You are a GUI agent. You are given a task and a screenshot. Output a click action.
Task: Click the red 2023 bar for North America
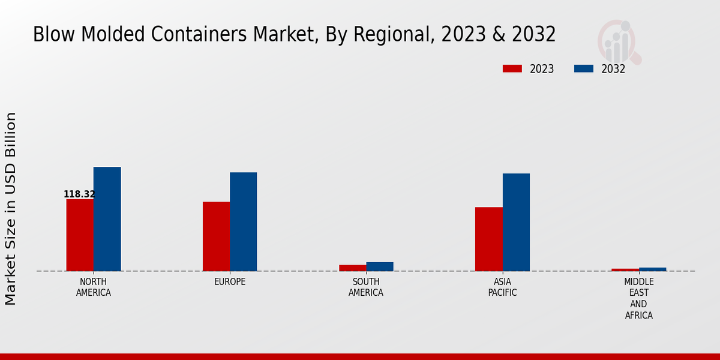[80, 235]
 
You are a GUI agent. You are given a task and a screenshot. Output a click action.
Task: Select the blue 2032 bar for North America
[107, 219]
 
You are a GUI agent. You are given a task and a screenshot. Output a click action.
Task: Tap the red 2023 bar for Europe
[216, 236]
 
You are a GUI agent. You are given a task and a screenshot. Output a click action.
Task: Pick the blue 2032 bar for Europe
[243, 221]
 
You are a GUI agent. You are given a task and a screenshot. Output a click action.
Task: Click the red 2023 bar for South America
[352, 268]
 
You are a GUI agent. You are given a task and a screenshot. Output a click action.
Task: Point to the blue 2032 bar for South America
[380, 266]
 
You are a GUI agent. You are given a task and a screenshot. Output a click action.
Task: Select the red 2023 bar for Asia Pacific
[488, 239]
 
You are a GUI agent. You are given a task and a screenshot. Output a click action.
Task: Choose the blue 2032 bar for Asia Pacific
[516, 222]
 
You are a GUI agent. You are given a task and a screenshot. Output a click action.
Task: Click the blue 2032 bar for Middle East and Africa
[652, 269]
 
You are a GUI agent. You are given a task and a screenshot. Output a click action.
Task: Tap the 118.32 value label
[79, 194]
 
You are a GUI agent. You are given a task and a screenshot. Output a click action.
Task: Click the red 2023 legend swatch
[512, 69]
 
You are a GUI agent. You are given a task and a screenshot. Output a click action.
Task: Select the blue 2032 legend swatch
[583, 69]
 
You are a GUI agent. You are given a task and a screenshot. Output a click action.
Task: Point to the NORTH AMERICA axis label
[94, 287]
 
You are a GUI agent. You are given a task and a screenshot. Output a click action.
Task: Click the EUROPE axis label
[230, 282]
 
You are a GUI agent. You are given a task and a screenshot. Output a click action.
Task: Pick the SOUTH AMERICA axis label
[366, 287]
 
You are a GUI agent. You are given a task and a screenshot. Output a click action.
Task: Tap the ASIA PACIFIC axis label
[502, 287]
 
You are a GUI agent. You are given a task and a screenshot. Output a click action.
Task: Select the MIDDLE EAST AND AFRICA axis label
[638, 299]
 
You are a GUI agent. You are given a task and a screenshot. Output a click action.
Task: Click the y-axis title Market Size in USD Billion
[11, 208]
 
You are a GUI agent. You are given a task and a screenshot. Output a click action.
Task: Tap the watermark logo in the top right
[619, 41]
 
